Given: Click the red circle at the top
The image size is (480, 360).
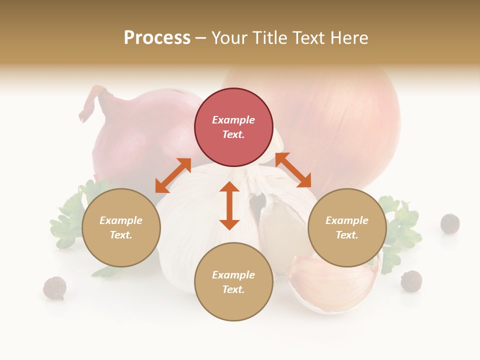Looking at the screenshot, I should click(233, 127).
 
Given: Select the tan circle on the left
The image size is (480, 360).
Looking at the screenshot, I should click(121, 227).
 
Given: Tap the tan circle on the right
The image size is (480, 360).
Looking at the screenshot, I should click(347, 227).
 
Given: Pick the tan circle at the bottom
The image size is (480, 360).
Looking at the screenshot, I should click(233, 281).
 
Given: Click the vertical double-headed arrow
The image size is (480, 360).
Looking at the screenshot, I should click(229, 205).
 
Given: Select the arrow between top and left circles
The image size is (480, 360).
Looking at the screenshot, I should click(173, 175).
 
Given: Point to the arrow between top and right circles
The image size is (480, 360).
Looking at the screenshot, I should click(293, 170).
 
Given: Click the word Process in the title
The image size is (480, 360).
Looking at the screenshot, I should click(157, 37).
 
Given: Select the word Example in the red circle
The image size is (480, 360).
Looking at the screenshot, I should click(233, 120).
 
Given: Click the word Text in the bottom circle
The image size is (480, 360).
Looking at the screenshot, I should click(232, 289).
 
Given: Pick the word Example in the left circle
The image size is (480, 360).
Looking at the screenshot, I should click(121, 220).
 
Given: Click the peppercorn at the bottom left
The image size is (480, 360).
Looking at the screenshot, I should click(54, 288).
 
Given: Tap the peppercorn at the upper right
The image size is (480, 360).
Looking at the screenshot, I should click(450, 223).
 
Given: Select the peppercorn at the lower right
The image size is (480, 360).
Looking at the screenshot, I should click(411, 280).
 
